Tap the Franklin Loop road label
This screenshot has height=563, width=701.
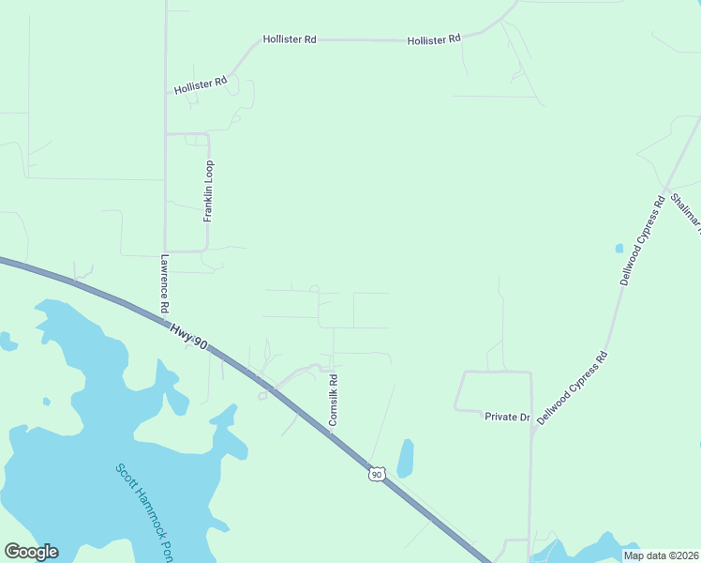[210, 190]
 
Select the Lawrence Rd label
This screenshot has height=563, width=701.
[164, 283]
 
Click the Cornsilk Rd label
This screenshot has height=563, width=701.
[333, 401]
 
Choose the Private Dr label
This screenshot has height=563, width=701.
[507, 416]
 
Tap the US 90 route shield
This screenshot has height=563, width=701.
[376, 475]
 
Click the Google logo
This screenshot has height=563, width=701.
[31, 552]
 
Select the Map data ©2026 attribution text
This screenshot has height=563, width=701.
[661, 555]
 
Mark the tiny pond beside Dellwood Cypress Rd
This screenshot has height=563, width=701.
[619, 249]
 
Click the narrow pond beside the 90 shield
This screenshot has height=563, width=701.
[406, 458]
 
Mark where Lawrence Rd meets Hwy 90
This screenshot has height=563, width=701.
[166, 320]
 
